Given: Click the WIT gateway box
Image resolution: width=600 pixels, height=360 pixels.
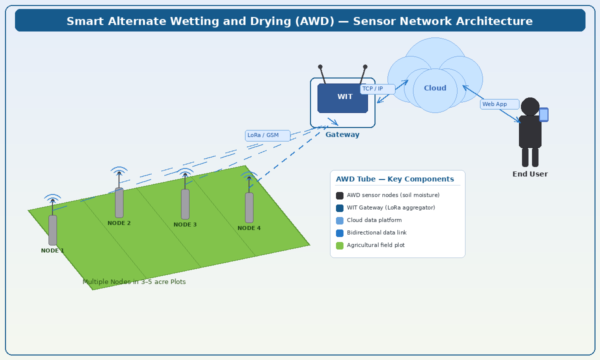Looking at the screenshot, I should pyautogui.click(x=342, y=98).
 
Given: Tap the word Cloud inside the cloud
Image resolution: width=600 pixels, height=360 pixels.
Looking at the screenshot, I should pyautogui.click(x=435, y=88).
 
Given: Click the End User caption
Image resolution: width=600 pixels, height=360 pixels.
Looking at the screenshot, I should pyautogui.click(x=530, y=174).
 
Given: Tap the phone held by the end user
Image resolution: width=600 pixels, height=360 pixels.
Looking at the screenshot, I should pyautogui.click(x=543, y=114).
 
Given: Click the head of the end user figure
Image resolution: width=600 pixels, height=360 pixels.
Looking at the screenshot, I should pyautogui.click(x=530, y=106).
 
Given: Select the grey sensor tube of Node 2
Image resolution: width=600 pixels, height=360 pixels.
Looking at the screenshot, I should pyautogui.click(x=119, y=202).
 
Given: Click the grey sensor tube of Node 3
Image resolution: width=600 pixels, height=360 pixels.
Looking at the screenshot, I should pyautogui.click(x=185, y=204).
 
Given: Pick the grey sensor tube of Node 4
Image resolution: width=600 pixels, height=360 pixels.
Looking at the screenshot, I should pyautogui.click(x=249, y=207).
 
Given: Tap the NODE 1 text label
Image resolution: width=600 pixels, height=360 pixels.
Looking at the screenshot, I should pyautogui.click(x=52, y=250).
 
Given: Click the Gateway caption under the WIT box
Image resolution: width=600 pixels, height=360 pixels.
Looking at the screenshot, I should pyautogui.click(x=342, y=135).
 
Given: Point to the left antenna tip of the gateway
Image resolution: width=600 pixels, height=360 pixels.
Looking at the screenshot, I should pyautogui.click(x=320, y=66).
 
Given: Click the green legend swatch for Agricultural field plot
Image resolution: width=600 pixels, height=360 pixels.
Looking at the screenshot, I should pyautogui.click(x=340, y=245).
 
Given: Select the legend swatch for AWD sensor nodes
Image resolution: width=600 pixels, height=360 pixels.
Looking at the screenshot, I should pyautogui.click(x=340, y=195).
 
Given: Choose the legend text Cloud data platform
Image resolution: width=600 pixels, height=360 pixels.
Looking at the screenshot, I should pyautogui.click(x=374, y=220).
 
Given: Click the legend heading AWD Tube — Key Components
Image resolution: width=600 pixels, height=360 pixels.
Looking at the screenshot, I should pyautogui.click(x=395, y=179).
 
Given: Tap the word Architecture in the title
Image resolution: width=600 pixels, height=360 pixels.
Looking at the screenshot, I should pyautogui.click(x=492, y=21).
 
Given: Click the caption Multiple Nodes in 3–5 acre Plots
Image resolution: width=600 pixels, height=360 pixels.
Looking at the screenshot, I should pyautogui.click(x=134, y=282).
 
